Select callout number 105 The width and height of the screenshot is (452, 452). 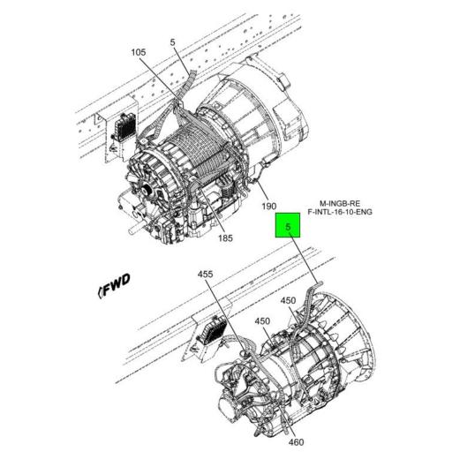[x=138, y=53]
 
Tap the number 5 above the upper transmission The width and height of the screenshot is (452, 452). [x=174, y=41]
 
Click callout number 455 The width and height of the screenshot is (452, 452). [x=206, y=275]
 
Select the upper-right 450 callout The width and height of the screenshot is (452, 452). [x=289, y=301]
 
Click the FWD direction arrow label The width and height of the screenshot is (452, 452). [x=115, y=285]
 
